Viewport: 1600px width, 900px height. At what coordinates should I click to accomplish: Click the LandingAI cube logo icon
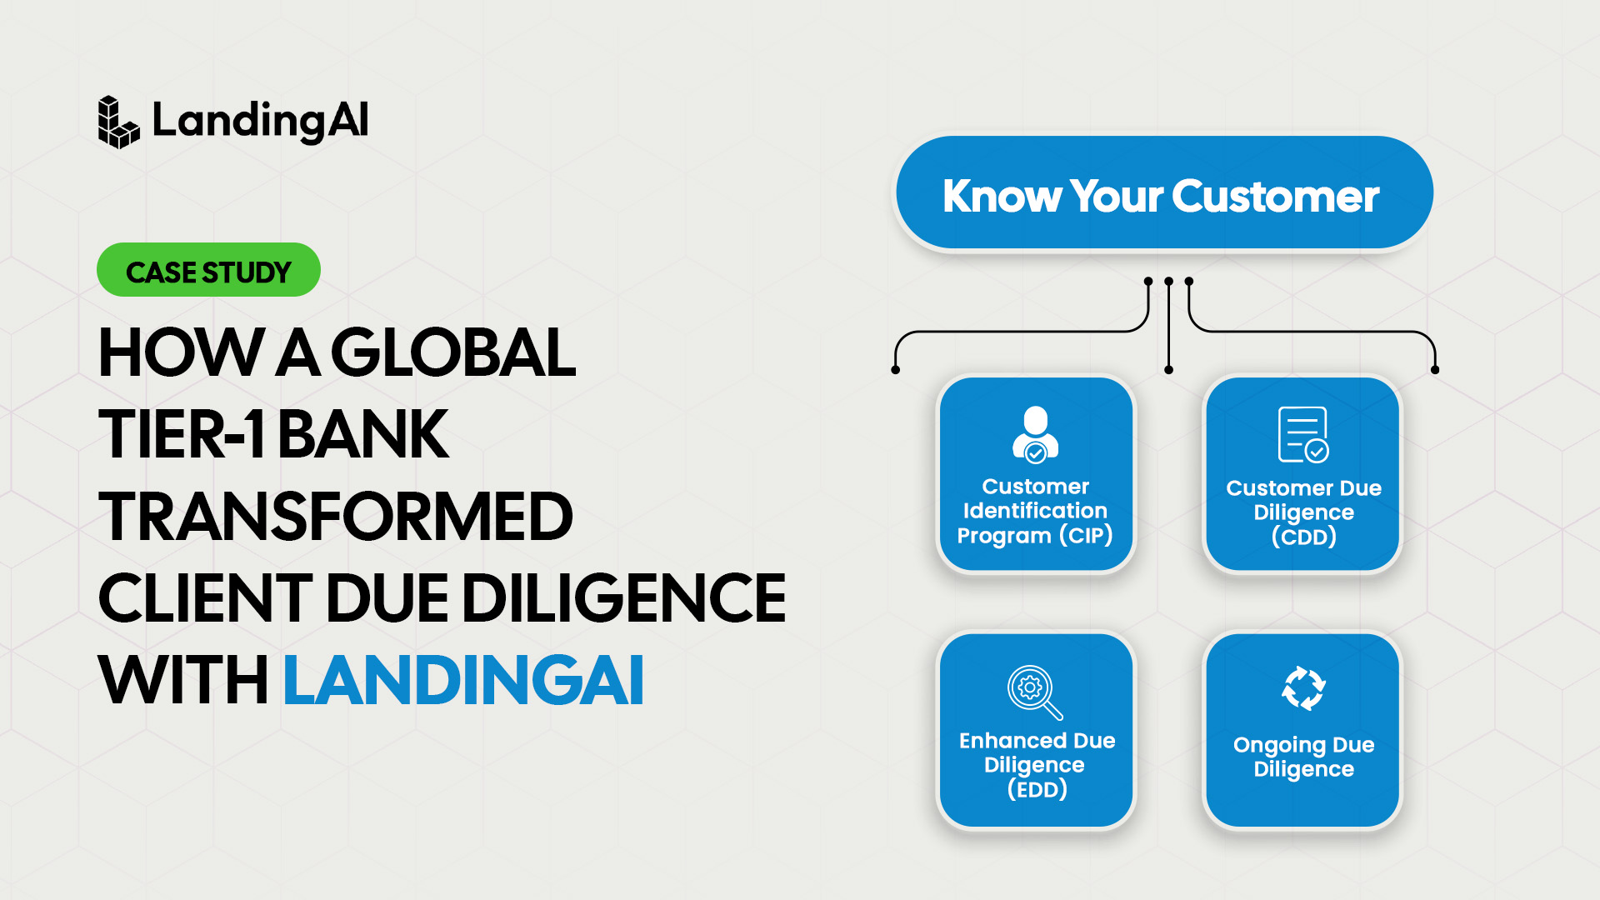coord(118,122)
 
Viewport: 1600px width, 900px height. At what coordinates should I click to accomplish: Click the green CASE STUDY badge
coord(208,270)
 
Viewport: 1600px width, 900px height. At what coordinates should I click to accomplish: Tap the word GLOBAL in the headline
coord(453,352)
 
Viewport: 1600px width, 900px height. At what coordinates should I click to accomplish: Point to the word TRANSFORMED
coord(336,516)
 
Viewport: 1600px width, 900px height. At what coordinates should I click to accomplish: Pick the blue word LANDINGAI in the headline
coord(463,679)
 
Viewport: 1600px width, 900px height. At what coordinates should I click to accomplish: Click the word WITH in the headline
coord(183,679)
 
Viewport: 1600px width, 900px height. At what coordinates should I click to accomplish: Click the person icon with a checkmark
coord(1036,434)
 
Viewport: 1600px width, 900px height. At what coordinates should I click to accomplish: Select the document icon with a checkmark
coord(1303,434)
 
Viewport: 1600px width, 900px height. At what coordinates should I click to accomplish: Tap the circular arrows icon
coord(1303,688)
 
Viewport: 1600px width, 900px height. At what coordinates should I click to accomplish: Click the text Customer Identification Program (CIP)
coord(1035,511)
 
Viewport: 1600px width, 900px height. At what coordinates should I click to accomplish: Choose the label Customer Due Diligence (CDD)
coord(1304,512)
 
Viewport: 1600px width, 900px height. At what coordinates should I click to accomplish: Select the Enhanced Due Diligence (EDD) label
coord(1037,765)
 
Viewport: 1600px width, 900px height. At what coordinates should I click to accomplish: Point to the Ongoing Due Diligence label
coord(1304,757)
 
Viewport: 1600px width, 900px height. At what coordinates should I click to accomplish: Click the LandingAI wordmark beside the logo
coord(260,122)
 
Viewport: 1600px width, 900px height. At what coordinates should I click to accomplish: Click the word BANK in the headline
coord(362,434)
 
